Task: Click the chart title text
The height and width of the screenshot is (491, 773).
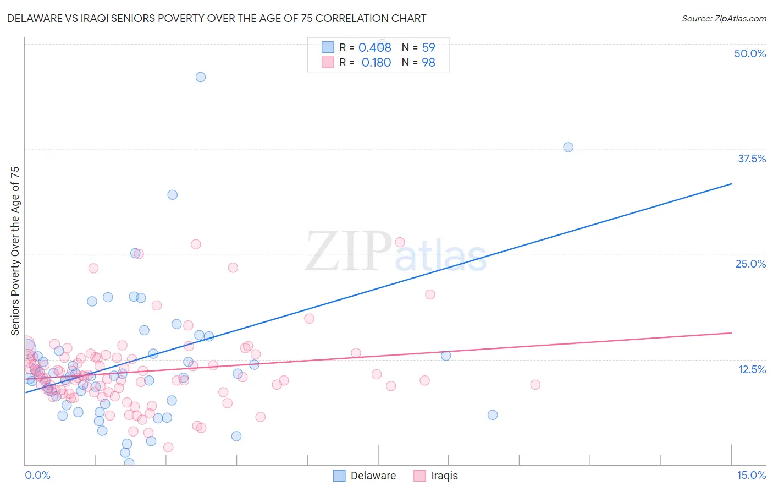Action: tap(216, 18)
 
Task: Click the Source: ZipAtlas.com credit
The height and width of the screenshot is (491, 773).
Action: tap(724, 19)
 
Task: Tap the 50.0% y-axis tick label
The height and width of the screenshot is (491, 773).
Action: tap(750, 53)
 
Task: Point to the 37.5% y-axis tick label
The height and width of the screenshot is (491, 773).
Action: tap(752, 159)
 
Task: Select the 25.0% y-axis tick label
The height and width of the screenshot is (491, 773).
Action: tap(750, 264)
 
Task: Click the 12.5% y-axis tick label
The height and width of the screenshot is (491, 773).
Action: tap(752, 369)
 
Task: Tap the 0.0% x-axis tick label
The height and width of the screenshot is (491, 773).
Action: tap(37, 475)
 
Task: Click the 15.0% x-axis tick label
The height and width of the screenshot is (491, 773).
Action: tap(751, 475)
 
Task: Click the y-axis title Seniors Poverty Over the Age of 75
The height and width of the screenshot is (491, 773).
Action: tap(15, 251)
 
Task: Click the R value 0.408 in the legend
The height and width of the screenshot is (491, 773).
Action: tap(375, 48)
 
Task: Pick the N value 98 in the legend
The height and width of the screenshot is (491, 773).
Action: tap(428, 63)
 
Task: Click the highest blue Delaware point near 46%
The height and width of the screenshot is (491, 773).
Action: tap(201, 77)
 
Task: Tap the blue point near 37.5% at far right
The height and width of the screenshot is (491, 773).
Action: tap(568, 147)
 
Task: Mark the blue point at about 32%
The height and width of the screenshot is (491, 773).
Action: tap(173, 194)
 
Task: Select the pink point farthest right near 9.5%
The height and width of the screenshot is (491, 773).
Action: tap(535, 384)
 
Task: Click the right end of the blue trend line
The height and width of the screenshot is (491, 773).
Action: tap(731, 184)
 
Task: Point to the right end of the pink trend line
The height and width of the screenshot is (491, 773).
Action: tap(731, 333)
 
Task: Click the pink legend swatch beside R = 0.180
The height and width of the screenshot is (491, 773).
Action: tap(328, 62)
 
